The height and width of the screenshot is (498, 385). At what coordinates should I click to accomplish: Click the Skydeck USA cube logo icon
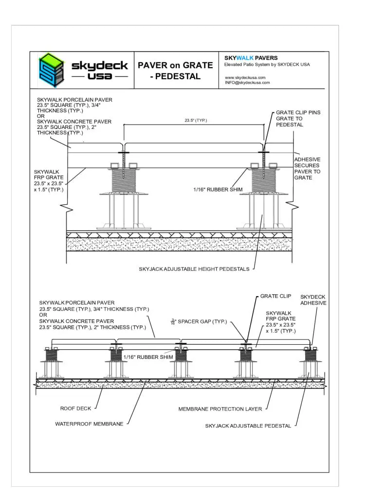point(52,70)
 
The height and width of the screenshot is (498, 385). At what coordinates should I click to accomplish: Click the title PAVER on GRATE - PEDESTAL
point(175,71)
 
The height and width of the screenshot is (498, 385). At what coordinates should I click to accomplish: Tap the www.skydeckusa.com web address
point(245,77)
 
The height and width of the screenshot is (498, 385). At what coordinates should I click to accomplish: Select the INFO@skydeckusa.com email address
point(247,83)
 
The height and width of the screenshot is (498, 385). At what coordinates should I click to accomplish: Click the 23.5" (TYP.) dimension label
point(196,120)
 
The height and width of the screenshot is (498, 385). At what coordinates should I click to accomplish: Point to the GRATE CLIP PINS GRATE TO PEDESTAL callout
point(298,119)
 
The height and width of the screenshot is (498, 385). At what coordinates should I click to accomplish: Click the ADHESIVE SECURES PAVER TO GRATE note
point(307,168)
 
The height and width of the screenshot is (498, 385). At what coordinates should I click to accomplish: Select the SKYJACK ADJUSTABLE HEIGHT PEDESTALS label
point(194,269)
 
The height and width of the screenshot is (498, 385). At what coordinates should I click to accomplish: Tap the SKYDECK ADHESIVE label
point(313,300)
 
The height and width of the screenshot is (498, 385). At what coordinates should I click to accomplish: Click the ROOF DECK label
point(74,409)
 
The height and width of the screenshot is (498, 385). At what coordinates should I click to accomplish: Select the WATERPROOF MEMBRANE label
point(89,424)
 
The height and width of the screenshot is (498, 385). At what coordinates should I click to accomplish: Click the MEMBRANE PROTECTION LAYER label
point(220,409)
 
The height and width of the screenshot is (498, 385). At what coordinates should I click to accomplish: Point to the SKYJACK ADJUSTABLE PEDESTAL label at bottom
point(248,426)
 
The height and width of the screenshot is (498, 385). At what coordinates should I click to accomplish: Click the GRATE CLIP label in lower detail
point(275,296)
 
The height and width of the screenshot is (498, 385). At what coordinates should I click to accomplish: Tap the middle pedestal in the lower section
point(181,362)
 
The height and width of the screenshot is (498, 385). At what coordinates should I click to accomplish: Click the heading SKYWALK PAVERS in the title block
point(251,58)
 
